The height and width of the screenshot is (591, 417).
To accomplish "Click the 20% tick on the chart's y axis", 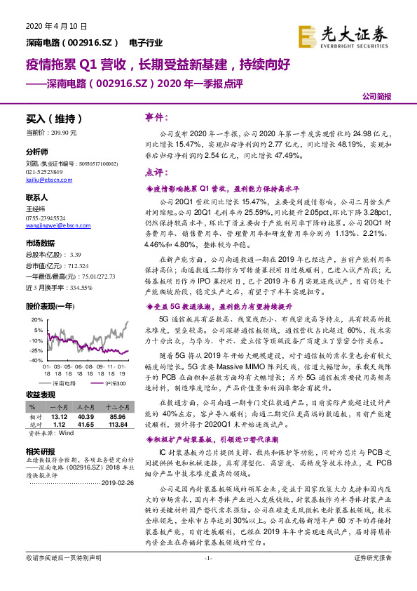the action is click(36, 300).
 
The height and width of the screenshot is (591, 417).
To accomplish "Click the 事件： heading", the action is click(156, 116).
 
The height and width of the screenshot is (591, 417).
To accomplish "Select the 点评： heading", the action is click(156, 173).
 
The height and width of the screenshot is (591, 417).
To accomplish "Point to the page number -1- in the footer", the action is click(208, 577).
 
